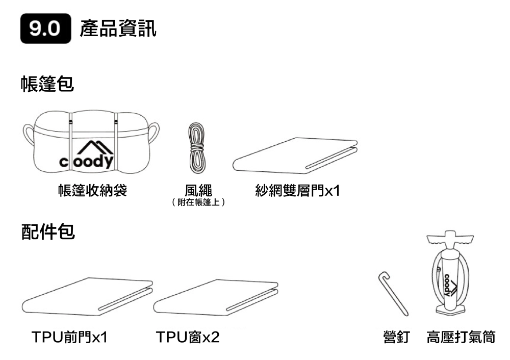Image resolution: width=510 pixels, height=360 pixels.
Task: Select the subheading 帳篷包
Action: (x=47, y=84)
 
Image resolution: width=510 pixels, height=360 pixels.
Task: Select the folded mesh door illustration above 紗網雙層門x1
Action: (x=295, y=155)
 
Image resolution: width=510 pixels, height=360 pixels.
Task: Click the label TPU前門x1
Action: (x=70, y=337)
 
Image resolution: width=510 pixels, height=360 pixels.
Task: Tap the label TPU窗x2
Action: (x=188, y=337)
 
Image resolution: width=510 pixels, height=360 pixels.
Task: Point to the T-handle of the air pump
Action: (x=449, y=238)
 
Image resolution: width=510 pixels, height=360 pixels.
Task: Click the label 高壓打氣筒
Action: (x=461, y=337)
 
